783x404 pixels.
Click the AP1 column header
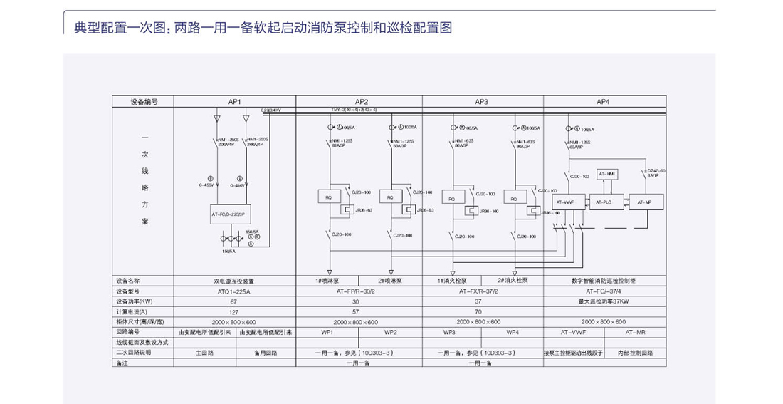pyautogui.click(x=235, y=102)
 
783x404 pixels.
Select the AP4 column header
pyautogui.click(x=604, y=102)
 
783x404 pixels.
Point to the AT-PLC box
pyautogui.click(x=602, y=202)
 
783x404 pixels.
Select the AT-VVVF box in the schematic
pyautogui.click(x=565, y=202)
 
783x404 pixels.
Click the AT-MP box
pyautogui.click(x=644, y=202)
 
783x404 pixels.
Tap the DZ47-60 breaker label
pyautogui.click(x=656, y=173)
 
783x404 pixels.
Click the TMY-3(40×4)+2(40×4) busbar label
pyautogui.click(x=354, y=110)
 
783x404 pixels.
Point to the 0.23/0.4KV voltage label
pyautogui.click(x=271, y=110)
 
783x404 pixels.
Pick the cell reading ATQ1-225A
pyautogui.click(x=235, y=291)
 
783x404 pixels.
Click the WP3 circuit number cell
pyautogui.click(x=450, y=332)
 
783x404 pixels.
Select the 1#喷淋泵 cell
pyautogui.click(x=328, y=281)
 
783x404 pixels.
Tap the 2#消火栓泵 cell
pyautogui.click(x=512, y=281)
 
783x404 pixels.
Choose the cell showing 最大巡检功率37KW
pyautogui.click(x=604, y=301)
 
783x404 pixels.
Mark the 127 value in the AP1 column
pyautogui.click(x=235, y=311)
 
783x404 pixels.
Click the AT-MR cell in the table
pyautogui.click(x=636, y=332)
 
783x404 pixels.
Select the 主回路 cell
pyautogui.click(x=205, y=353)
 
